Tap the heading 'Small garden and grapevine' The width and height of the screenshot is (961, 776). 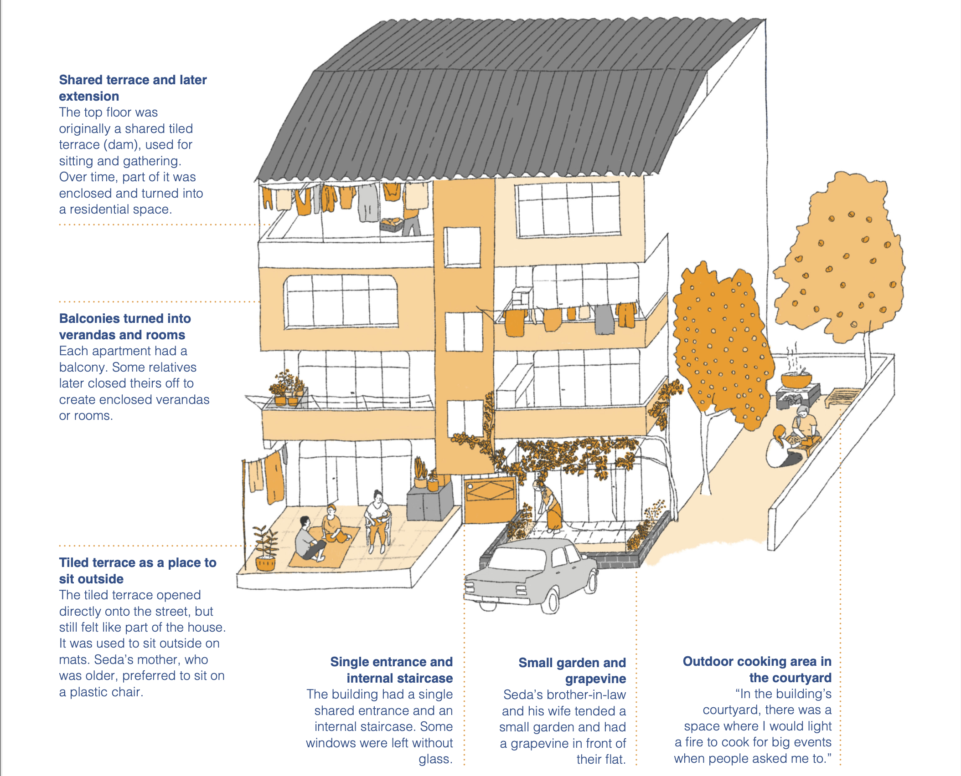572,670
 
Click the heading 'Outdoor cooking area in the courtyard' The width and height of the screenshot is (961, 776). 757,669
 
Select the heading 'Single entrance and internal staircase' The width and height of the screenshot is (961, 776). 391,670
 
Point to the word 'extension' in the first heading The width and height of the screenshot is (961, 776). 89,97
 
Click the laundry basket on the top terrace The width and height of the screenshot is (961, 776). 391,225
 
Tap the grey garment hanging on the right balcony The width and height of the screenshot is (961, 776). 604,319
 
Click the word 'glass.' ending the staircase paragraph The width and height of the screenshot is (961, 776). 435,759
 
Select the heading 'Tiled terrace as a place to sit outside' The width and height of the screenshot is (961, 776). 137,571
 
